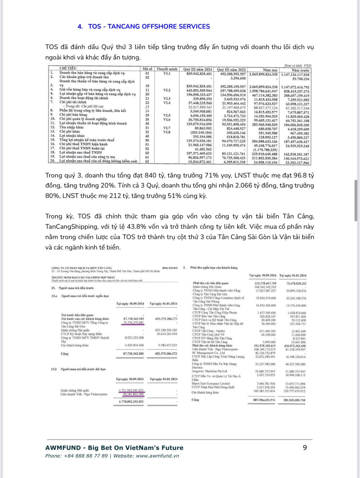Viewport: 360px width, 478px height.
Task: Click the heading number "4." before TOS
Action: click(x=80, y=27)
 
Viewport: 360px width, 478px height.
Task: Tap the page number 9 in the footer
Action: click(x=305, y=447)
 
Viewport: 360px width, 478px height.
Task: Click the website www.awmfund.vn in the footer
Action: click(x=158, y=456)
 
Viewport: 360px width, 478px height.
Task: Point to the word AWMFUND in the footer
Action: click(x=63, y=448)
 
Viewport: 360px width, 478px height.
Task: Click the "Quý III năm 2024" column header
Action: click(x=198, y=70)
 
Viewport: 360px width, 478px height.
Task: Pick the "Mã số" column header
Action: click(x=147, y=69)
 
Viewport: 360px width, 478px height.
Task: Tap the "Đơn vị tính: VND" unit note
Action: click(x=298, y=66)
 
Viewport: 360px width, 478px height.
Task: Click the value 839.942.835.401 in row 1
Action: click(x=199, y=74)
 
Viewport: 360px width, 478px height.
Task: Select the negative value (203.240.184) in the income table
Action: click(x=201, y=133)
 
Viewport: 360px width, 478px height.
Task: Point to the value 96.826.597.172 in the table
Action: click(x=200, y=158)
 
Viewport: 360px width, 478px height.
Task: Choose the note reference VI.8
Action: click(x=167, y=132)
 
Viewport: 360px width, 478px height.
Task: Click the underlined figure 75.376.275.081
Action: click(x=133, y=322)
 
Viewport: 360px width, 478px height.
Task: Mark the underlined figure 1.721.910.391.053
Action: click(x=131, y=390)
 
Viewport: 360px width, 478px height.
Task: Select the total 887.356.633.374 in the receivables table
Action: click(x=264, y=400)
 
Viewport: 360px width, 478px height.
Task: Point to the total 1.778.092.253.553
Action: click(x=131, y=401)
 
